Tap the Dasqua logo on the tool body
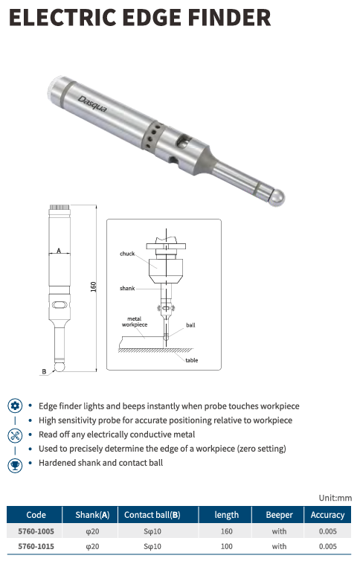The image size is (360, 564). click(92, 104)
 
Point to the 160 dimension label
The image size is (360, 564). click(94, 286)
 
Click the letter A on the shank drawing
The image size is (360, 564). click(59, 250)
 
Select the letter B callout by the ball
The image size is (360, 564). click(44, 371)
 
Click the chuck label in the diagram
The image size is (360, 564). click(127, 254)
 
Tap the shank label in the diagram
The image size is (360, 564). click(127, 288)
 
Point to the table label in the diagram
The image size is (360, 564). click(192, 360)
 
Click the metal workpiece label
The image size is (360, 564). click(135, 321)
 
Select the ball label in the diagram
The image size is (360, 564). click(190, 325)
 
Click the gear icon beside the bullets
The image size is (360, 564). click(15, 406)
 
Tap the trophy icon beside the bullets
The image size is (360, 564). click(15, 466)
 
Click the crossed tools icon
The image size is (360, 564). click(15, 435)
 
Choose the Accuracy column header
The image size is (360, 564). click(327, 515)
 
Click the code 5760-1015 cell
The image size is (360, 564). click(36, 546)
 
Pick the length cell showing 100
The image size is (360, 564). click(227, 546)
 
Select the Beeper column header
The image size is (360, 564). click(279, 515)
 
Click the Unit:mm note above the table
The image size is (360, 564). click(335, 498)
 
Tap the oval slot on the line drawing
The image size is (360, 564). click(60, 305)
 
